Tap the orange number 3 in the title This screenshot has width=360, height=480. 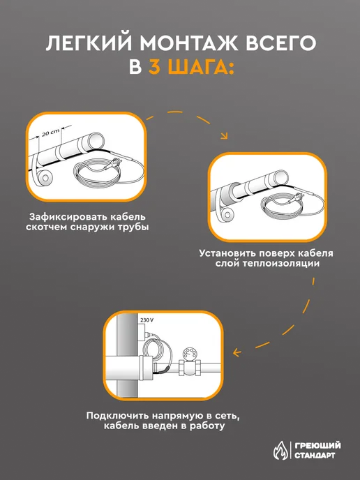pos(155,68)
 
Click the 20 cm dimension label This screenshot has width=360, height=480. pos(51,133)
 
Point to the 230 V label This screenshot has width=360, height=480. pos(147,320)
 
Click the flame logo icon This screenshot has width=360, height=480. pos(280,451)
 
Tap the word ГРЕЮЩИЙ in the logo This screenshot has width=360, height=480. pos(317,445)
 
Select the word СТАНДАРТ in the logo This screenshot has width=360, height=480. pos(315,455)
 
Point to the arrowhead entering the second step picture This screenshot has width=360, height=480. pos(225,135)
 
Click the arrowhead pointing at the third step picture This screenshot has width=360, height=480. pos(237,352)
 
